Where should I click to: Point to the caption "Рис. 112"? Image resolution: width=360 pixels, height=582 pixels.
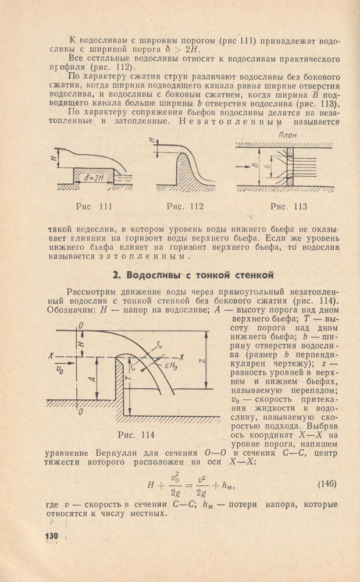[x=185, y=206]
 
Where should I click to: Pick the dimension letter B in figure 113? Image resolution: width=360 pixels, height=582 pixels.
[x=255, y=165]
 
